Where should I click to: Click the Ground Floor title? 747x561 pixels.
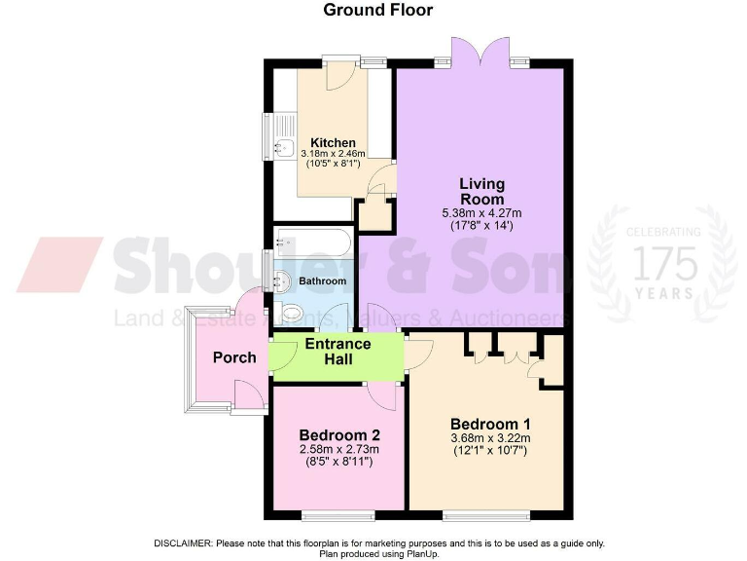[x=377, y=11]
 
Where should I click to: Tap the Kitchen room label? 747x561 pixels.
[x=333, y=142]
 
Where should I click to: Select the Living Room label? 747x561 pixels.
[x=481, y=191]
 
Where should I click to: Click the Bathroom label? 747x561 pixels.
[x=322, y=281]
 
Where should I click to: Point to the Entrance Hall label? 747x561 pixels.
[x=338, y=352]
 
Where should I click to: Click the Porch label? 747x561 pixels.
[x=234, y=357]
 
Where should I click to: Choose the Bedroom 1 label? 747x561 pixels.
[x=490, y=425]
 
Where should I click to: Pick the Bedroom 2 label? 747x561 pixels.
[x=338, y=434]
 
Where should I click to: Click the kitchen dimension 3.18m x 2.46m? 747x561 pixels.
[x=333, y=154]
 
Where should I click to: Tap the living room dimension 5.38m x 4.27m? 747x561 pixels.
[x=481, y=214]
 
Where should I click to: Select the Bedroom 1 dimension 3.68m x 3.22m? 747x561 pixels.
[x=490, y=439]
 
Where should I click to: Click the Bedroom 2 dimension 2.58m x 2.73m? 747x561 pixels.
[x=338, y=449]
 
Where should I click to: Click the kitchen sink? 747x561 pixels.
[x=284, y=149]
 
